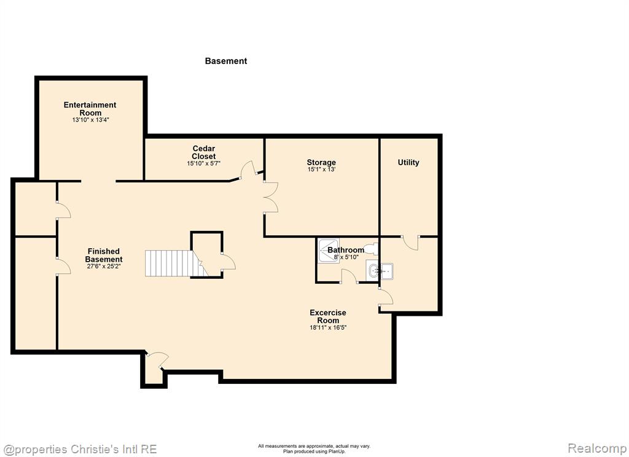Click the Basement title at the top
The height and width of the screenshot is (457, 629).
[226, 61]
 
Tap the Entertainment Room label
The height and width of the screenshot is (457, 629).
[90, 109]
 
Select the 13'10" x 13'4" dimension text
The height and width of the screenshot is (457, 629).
[91, 120]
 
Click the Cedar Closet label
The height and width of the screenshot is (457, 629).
[204, 152]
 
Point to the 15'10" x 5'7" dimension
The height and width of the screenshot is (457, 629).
[204, 164]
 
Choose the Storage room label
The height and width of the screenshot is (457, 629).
[321, 163]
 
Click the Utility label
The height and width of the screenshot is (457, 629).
[408, 163]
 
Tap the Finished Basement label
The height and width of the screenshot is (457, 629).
[103, 255]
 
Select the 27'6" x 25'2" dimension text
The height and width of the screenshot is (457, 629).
[103, 266]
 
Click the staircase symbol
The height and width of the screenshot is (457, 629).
[176, 264]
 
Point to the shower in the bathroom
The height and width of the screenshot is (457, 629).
[329, 251]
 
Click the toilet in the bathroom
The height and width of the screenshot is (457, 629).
[370, 249]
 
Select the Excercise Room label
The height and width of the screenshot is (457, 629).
[328, 316]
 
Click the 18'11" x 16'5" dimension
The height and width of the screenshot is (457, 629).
[328, 327]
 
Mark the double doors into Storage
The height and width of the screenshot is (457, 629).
[271, 197]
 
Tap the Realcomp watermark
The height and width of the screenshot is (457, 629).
[597, 448]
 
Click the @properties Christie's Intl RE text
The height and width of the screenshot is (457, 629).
[79, 449]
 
